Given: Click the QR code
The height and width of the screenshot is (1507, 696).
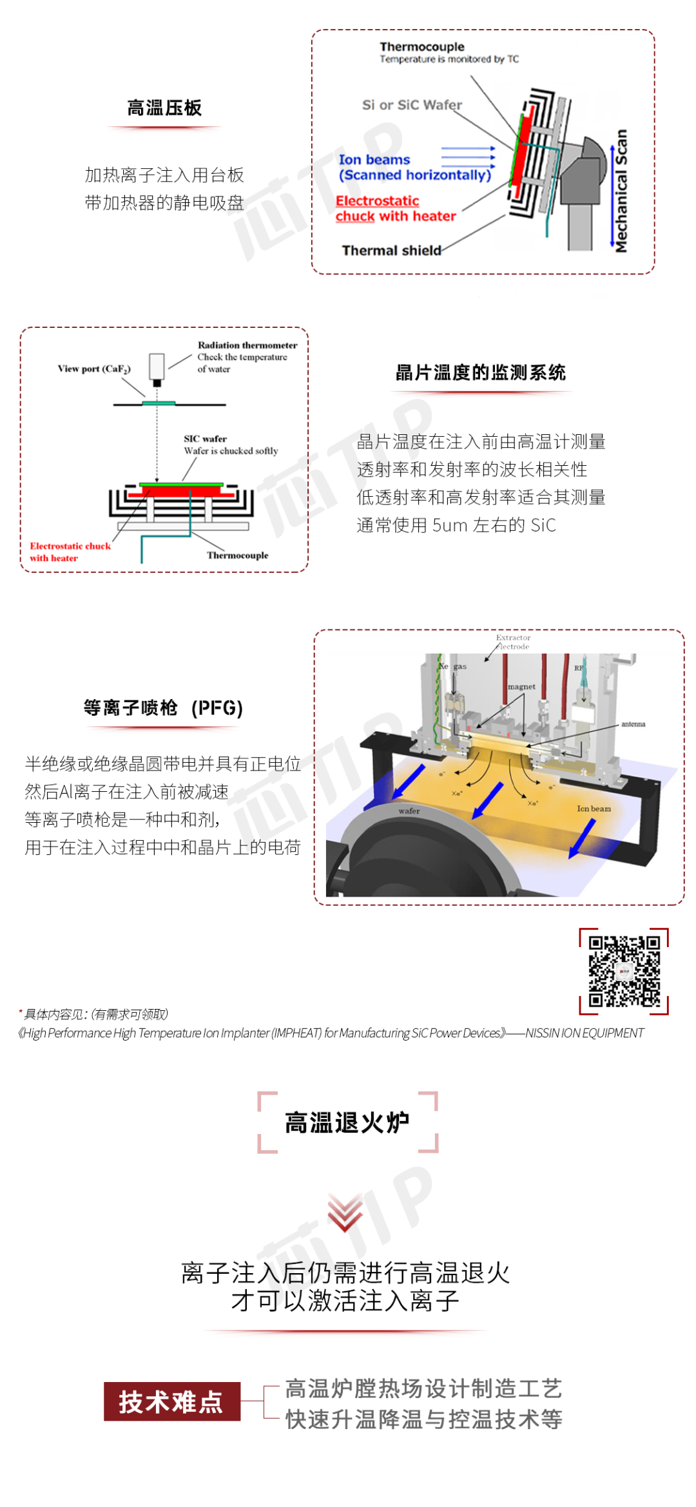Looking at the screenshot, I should (624, 971).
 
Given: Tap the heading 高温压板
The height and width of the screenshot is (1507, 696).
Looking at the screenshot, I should (164, 108).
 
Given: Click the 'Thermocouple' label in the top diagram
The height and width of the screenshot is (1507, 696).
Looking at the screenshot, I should (422, 47).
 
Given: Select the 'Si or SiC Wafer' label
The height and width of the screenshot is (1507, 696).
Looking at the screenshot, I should (412, 105).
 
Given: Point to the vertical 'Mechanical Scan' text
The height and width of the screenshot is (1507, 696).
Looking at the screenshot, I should (621, 191).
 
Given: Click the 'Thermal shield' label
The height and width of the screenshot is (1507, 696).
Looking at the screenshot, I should (391, 251).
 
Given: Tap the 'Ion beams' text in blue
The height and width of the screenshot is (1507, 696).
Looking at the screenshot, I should (374, 160).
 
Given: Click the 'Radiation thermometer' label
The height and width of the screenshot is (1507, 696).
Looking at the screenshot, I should (247, 345).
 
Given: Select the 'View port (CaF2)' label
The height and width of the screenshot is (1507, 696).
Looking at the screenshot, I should (94, 369).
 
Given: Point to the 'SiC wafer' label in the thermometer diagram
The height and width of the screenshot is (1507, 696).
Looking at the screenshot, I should (205, 439).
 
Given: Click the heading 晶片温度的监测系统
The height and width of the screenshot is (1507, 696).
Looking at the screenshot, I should (481, 373).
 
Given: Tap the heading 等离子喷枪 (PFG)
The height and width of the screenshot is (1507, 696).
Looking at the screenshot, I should (163, 708).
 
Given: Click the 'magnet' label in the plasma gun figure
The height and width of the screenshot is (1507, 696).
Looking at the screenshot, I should (521, 687).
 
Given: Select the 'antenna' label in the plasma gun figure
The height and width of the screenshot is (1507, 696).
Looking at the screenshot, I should (633, 724).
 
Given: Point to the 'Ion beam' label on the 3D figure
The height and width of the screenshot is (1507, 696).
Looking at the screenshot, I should (594, 809).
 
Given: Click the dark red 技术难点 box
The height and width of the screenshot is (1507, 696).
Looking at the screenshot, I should (172, 1401).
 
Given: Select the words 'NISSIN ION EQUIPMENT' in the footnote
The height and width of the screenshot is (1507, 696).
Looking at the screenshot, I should (585, 1033).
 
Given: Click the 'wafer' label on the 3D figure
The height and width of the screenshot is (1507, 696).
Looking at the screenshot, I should (409, 811).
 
